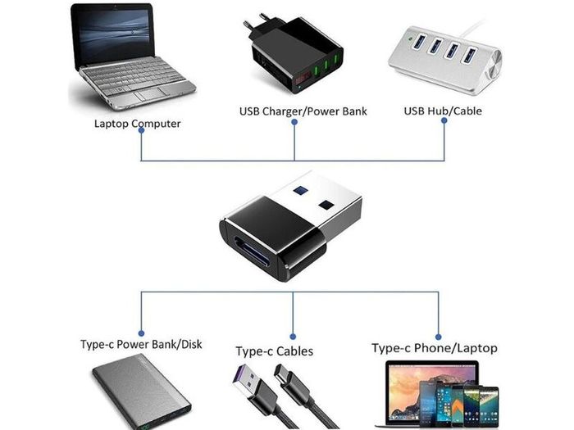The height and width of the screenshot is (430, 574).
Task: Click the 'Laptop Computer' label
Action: pos(137,124)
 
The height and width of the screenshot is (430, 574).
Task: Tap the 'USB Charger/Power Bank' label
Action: pos(303,111)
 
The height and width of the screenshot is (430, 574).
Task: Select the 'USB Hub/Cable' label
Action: pos(443,111)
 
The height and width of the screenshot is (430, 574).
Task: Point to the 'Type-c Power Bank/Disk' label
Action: pos(141,344)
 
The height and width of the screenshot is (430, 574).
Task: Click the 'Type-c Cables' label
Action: pos(275,351)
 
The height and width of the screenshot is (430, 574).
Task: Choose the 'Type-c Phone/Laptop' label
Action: pos(435,348)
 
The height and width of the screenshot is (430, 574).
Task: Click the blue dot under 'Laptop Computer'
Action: pos(141,130)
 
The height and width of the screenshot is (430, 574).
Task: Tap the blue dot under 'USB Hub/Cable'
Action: pos(444,120)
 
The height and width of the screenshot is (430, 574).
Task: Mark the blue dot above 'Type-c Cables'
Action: pos(293,337)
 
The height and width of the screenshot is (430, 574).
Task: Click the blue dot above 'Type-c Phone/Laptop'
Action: pos(438,337)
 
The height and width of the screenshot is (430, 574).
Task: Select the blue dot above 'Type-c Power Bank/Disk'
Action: pos(141,333)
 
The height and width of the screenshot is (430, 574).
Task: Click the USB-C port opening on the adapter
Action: pos(252,254)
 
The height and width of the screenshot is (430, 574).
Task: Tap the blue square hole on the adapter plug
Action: pos(300,191)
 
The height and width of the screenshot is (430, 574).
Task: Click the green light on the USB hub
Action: pos(410,38)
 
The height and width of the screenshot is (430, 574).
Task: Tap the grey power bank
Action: pos(142,392)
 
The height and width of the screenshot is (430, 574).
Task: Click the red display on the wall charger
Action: pos(303,78)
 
